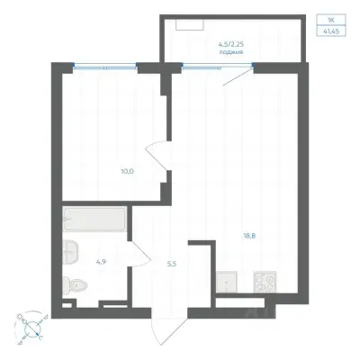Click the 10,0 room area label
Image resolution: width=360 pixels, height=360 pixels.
[x=127, y=172]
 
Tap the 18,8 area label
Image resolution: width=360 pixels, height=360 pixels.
[x=249, y=236]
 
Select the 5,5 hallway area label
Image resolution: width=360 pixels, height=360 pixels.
[x=172, y=264]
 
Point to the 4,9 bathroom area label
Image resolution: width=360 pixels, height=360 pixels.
[x=101, y=262]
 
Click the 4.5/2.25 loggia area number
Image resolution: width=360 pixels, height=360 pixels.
[x=231, y=44]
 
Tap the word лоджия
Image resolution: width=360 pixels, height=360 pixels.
[x=231, y=52]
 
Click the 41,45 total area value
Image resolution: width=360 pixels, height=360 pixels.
[x=331, y=31]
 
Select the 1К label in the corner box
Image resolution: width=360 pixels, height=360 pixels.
[x=331, y=20]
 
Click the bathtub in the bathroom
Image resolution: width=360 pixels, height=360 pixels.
[x=94, y=219]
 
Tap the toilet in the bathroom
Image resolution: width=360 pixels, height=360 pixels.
[x=75, y=285]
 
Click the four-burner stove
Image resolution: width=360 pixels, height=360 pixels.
[x=265, y=282]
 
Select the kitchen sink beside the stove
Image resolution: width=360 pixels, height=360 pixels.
[x=227, y=282]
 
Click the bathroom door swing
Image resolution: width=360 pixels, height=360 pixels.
[x=139, y=254]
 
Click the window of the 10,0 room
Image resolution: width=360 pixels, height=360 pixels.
[x=105, y=66]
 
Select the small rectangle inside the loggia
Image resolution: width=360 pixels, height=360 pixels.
[x=190, y=25]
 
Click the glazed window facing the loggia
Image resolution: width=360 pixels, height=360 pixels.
[x=218, y=66]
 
